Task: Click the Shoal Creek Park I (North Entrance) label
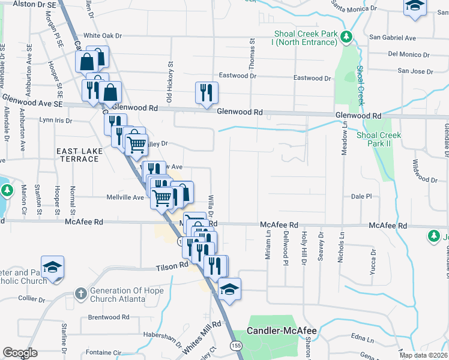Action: pos(305,38)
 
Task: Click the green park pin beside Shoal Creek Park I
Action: pos(346,38)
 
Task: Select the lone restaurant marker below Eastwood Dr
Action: pos(206,93)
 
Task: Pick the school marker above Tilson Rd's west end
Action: pos(52,266)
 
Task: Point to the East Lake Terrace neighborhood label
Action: pos(78,155)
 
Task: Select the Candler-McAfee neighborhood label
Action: pos(282,331)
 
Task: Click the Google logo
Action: pos(20,353)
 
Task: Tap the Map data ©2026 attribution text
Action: pos(424,355)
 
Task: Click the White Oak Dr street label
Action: pos(103,36)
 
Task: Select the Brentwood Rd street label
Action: pos(109,317)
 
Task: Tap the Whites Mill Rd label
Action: pos(203,334)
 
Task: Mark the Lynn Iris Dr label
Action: pos(55,120)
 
